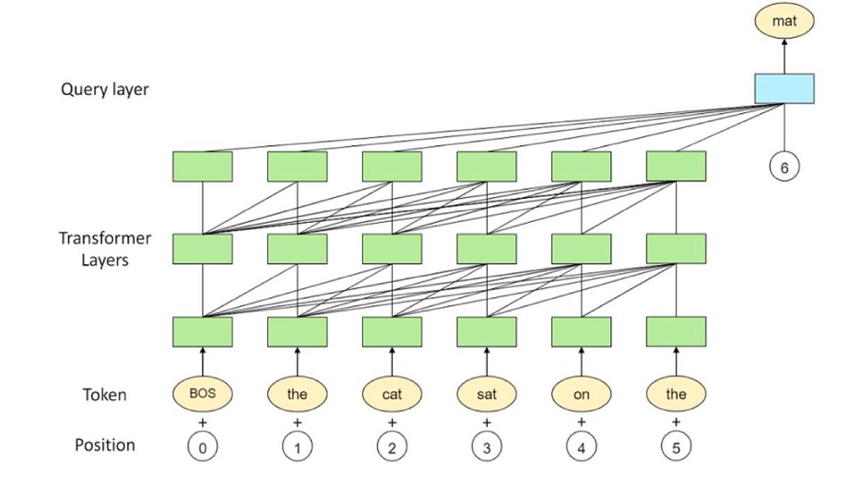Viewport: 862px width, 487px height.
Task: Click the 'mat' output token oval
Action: click(784, 22)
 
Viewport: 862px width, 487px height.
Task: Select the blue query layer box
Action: click(784, 89)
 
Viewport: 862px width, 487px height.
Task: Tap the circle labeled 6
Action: click(784, 167)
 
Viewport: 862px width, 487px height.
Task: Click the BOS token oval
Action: click(203, 394)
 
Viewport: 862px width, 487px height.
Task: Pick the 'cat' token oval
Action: click(392, 394)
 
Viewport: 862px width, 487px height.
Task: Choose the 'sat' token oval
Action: click(487, 394)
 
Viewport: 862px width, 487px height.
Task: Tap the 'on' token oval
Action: click(582, 394)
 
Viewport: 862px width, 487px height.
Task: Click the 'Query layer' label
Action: click(105, 89)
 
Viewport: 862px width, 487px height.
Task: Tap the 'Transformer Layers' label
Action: click(105, 250)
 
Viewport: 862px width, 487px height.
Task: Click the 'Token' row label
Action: click(105, 395)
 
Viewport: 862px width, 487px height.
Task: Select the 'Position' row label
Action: click(105, 445)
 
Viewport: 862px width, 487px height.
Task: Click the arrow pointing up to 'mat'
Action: click(784, 55)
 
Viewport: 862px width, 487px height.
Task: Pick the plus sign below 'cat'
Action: click(392, 422)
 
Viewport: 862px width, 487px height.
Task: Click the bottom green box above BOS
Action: click(203, 332)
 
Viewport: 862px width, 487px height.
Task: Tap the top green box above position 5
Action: click(676, 166)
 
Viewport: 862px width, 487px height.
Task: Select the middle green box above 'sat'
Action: click(487, 248)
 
